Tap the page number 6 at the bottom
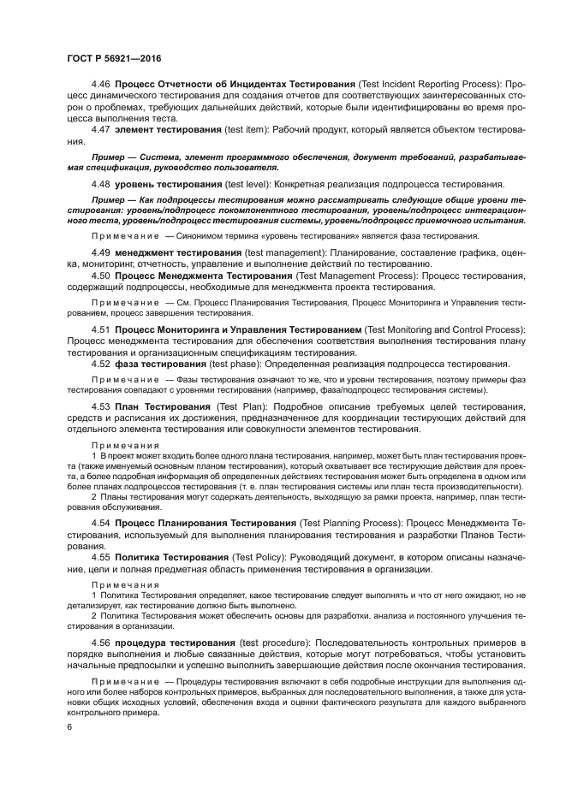69,726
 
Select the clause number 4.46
101,85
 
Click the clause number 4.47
101,128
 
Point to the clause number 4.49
101,254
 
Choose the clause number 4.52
101,364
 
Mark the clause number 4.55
101,557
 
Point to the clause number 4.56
101,643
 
